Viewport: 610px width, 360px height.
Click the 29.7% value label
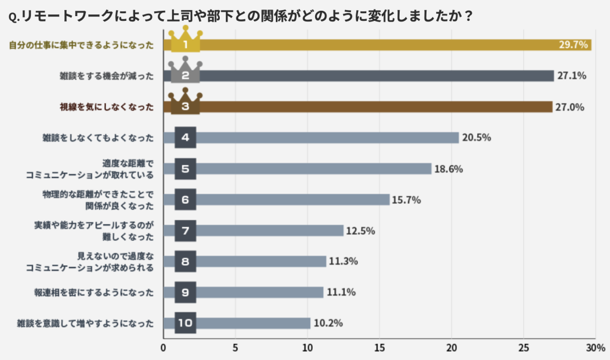573,45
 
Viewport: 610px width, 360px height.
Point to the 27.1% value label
572,76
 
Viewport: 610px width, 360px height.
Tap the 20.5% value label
476,138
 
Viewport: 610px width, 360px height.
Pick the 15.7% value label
406,200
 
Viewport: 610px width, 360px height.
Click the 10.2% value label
327,323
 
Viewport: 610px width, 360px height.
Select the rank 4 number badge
185,138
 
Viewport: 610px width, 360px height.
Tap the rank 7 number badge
185,231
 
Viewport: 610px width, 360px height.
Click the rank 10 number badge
185,323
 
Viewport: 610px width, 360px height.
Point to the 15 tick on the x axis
379,347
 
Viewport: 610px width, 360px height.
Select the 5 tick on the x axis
235,347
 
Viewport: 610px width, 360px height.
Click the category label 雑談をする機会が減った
107,76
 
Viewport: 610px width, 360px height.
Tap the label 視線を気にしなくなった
107,107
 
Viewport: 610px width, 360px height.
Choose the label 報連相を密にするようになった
94,293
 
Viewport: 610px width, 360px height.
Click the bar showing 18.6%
313,169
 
